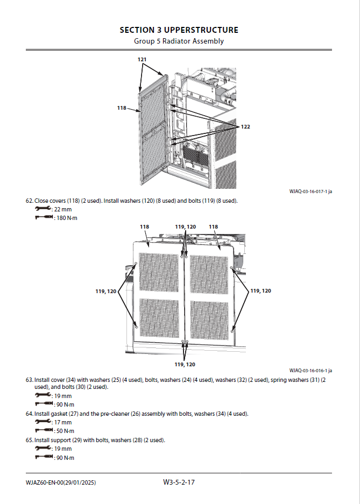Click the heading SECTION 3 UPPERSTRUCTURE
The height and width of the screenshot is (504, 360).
(179, 30)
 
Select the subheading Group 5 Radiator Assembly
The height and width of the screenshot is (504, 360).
(179, 41)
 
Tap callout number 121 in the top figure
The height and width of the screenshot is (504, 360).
(142, 59)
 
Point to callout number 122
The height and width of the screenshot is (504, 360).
(245, 126)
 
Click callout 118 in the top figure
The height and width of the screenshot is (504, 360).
(122, 108)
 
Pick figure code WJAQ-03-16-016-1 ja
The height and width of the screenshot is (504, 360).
(310, 371)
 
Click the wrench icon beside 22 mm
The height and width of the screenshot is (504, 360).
(43, 209)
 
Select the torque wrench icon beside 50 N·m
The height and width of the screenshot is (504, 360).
(43, 431)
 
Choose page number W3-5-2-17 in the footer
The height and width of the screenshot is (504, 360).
(179, 482)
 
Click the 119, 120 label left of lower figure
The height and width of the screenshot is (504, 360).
(106, 291)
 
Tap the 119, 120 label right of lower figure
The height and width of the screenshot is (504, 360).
(260, 290)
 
